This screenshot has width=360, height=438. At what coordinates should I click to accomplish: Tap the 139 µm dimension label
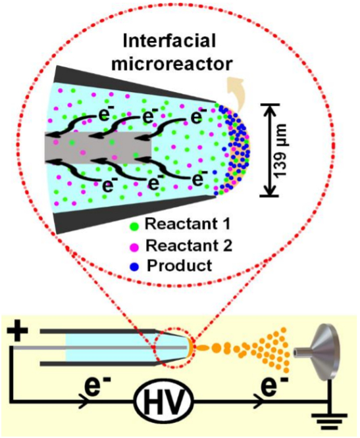tap(282, 150)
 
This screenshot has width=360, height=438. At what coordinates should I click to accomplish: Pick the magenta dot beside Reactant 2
tap(134, 247)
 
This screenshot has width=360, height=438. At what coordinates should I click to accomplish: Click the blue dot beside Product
tap(134, 267)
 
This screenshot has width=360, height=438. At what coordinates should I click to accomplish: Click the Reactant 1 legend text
tap(188, 224)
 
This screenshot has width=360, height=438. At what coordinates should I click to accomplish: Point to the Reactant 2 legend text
tap(189, 245)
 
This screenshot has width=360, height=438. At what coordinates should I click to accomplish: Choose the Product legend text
tap(179, 265)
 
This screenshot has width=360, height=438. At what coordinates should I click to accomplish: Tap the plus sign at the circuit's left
tap(17, 331)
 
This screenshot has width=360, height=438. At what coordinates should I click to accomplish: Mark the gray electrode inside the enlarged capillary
tap(98, 147)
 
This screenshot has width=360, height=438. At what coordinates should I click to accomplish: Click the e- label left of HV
tap(95, 388)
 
